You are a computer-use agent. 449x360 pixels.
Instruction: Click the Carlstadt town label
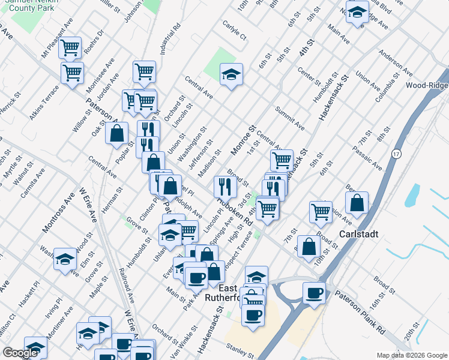click(x=359, y=233)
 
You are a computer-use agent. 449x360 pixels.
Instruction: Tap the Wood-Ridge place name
click(x=426, y=85)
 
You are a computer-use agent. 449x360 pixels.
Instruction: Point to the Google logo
click(x=20, y=353)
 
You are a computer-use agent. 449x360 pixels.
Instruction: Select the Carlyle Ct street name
click(x=235, y=32)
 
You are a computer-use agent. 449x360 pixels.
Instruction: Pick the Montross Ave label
click(x=54, y=214)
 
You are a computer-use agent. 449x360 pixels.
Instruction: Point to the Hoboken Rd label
click(x=235, y=211)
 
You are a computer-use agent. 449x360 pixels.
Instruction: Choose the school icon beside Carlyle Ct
click(x=231, y=74)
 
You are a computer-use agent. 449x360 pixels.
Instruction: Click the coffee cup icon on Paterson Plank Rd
click(x=314, y=293)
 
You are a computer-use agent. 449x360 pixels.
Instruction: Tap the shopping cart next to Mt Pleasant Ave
click(x=71, y=47)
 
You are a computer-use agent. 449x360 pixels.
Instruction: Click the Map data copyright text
click(x=411, y=355)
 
